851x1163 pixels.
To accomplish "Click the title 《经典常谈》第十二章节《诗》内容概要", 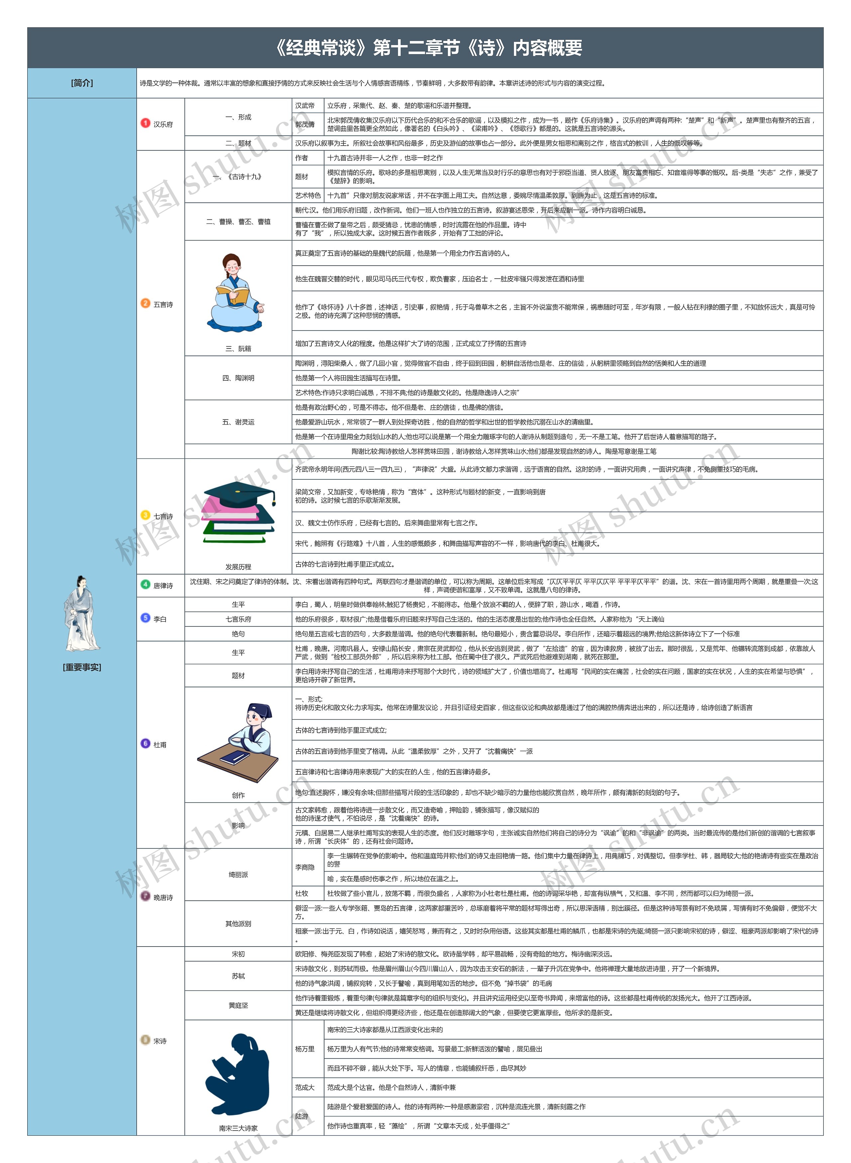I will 428,48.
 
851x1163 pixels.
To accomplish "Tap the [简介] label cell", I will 82,83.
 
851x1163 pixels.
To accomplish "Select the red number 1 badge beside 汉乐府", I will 145,123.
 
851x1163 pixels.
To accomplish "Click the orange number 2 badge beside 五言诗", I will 145,304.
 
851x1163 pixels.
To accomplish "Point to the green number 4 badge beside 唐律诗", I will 145,584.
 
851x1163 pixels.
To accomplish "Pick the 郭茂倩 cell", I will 305,124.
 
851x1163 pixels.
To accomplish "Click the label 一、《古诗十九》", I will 238,177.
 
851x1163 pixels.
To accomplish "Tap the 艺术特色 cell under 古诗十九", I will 307,195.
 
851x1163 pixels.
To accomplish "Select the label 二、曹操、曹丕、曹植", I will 238,221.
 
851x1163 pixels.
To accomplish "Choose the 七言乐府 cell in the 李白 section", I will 238,619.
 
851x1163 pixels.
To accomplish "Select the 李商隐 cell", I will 305,867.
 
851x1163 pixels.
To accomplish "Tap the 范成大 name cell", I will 305,1087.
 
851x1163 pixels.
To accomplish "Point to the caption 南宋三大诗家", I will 238,1128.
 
